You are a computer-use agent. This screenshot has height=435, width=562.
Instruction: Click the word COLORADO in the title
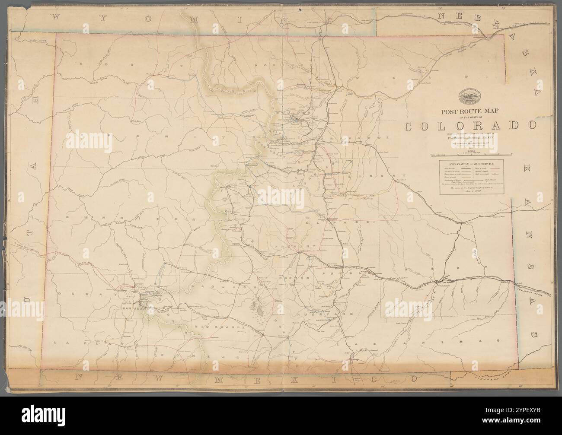coord(471,126)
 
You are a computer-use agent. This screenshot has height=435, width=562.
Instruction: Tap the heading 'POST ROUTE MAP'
coord(469,111)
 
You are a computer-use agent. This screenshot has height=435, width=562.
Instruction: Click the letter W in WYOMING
coord(55,17)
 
